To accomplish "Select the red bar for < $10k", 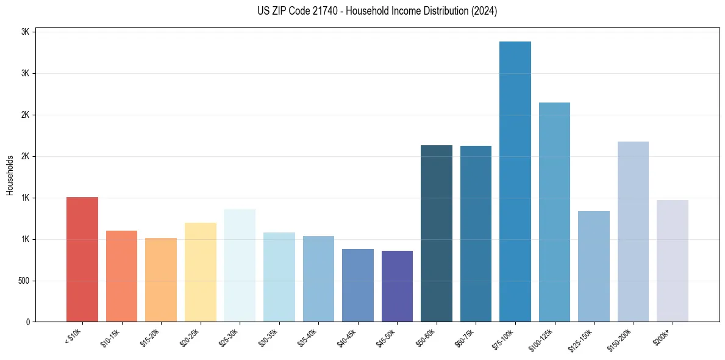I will pyautogui.click(x=82, y=259).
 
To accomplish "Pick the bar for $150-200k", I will pyautogui.click(x=633, y=232).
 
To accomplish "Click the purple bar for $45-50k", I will pyautogui.click(x=397, y=286).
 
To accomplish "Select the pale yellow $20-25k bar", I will pyautogui.click(x=201, y=272).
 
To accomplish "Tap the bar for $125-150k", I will pyautogui.click(x=594, y=267).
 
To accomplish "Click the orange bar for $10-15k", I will pyautogui.click(x=121, y=276).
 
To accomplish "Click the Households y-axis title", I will pyautogui.click(x=10, y=176).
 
